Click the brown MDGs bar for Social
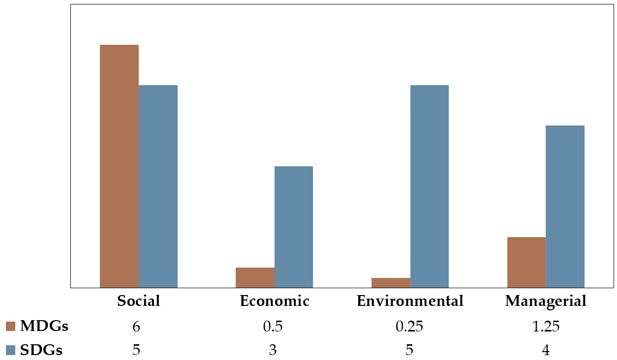(119, 166)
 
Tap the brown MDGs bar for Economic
(255, 277)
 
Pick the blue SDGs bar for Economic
(294, 227)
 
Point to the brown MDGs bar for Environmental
(391, 283)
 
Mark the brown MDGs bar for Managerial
(526, 262)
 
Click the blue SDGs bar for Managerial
(565, 206)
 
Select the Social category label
(139, 301)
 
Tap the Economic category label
(275, 301)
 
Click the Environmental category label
(410, 301)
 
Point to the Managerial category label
(546, 301)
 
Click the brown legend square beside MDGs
(11, 327)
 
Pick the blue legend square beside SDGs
(11, 350)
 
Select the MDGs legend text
(44, 326)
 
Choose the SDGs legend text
(41, 350)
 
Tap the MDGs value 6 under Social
(137, 327)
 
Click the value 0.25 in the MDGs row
(409, 327)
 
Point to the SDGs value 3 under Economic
(273, 350)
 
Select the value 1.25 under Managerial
(546, 327)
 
